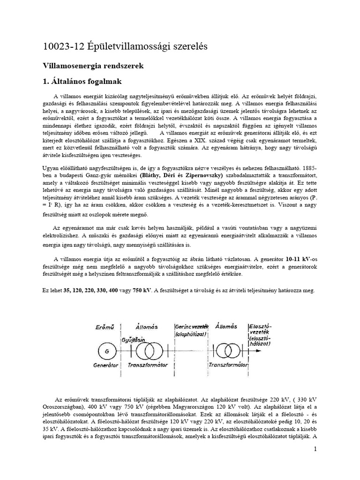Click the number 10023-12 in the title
click(60, 47)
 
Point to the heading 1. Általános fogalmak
click(82, 81)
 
